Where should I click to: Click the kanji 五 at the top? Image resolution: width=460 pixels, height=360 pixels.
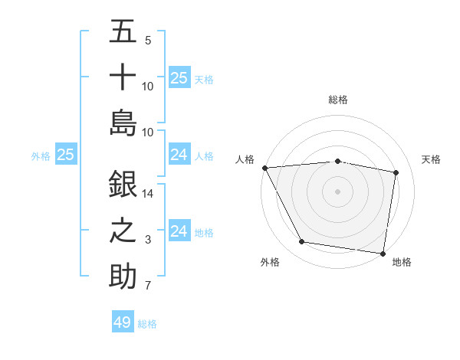(x=123, y=33)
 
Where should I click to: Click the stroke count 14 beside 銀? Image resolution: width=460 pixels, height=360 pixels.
(x=148, y=195)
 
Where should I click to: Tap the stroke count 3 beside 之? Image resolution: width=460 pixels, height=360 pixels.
(x=148, y=240)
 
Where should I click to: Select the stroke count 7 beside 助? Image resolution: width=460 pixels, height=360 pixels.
(x=148, y=286)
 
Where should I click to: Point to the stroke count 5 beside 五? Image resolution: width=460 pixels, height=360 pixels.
(x=148, y=41)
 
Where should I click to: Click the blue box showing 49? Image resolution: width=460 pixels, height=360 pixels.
(x=123, y=322)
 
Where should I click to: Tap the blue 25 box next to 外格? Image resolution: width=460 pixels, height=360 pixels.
(x=65, y=155)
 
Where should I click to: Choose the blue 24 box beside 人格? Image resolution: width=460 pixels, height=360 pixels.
(x=179, y=155)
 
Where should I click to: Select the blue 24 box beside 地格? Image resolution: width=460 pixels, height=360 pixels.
(x=179, y=231)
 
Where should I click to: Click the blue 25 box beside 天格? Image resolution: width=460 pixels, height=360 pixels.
(x=179, y=78)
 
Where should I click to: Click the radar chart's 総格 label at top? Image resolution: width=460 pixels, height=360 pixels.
(x=337, y=100)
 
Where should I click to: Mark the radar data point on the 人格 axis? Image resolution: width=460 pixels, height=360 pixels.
(x=264, y=168)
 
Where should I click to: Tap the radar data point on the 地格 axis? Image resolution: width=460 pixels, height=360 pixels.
(x=382, y=253)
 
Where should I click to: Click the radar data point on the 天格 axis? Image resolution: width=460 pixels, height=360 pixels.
(x=396, y=172)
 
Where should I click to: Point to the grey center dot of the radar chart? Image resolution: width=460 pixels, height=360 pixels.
(x=337, y=191)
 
